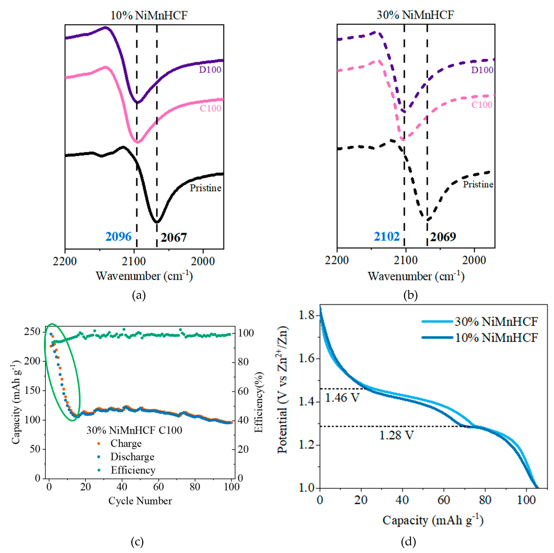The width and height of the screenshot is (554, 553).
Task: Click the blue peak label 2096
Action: tap(118, 237)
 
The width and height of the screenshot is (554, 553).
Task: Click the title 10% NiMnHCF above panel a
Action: tap(149, 15)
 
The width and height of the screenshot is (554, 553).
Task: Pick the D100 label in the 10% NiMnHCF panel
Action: tap(210, 70)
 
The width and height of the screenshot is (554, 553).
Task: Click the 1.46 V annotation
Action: tap(342, 398)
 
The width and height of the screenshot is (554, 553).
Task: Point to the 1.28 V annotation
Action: tap(397, 435)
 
